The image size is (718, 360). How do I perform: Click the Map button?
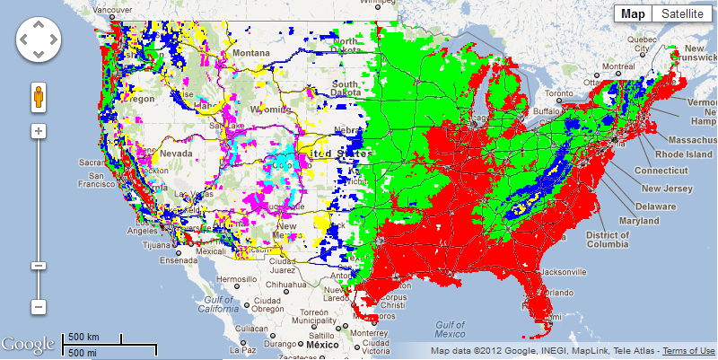click(x=634, y=13)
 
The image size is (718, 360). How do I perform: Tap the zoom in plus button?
click(x=39, y=131)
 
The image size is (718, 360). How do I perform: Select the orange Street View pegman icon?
click(x=39, y=96)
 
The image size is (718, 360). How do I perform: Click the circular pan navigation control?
click(x=39, y=40)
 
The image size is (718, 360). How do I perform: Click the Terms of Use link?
click(x=689, y=350)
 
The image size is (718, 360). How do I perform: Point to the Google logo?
click(x=28, y=345)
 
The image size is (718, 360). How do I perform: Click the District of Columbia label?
click(x=607, y=240)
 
